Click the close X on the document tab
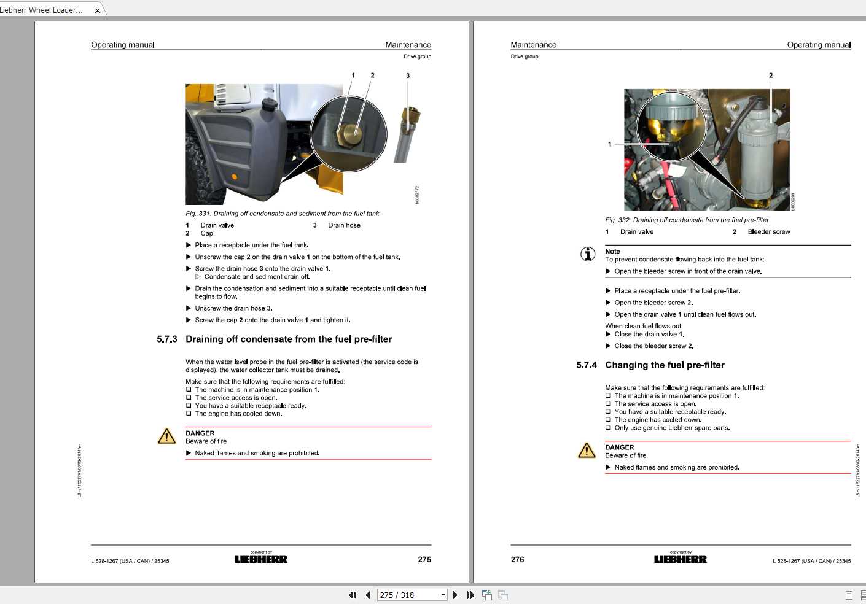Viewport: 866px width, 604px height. coord(97,10)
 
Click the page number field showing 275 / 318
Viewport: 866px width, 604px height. coord(408,595)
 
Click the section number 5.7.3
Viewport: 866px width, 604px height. coord(166,339)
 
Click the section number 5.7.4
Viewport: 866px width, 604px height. coord(586,365)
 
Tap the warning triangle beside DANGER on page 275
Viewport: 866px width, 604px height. coord(166,436)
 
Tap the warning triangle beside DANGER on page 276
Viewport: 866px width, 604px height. coord(587,451)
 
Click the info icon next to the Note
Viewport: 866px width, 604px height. coord(588,254)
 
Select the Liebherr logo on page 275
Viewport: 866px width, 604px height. coord(261,559)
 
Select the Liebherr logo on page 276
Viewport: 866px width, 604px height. coord(680,559)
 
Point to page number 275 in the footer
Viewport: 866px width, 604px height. coord(424,560)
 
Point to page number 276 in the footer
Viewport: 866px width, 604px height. coord(518,560)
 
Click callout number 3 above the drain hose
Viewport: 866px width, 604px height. coord(408,76)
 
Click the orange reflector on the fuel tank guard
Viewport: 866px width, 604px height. coord(234,177)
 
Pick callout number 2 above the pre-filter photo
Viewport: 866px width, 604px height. coord(771,75)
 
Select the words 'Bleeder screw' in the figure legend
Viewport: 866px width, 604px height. coord(769,232)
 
